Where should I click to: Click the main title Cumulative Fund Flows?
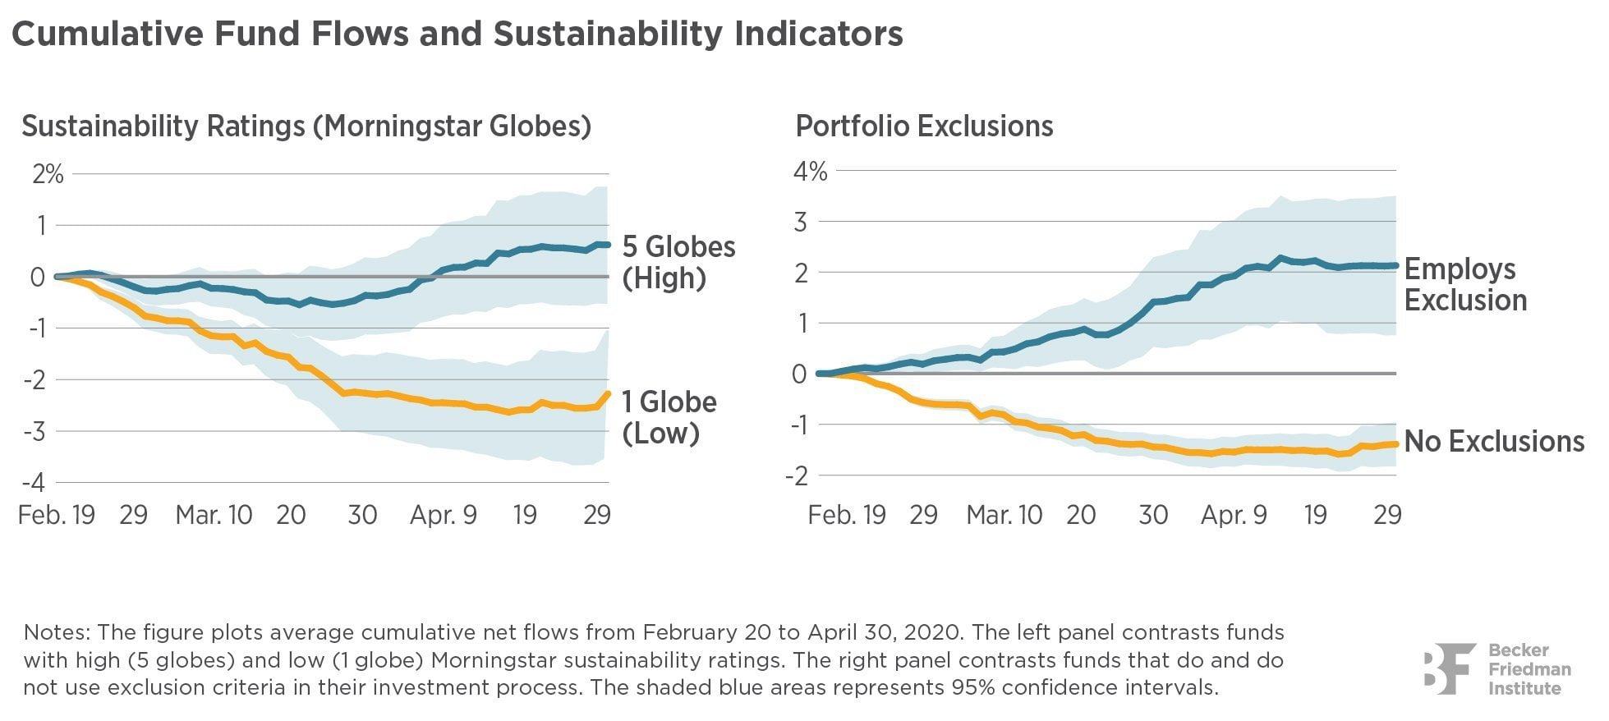pyautogui.click(x=457, y=34)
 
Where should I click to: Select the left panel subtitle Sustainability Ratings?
pyautogui.click(x=306, y=126)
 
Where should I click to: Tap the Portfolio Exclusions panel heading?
pyautogui.click(x=924, y=126)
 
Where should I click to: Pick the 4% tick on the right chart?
pyautogui.click(x=809, y=171)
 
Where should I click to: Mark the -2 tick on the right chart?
pyautogui.click(x=796, y=475)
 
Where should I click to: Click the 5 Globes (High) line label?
pyautogui.click(x=678, y=262)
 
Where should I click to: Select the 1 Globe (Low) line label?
pyautogui.click(x=669, y=417)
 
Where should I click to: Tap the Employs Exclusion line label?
pyautogui.click(x=1464, y=284)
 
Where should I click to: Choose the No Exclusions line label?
pyautogui.click(x=1493, y=442)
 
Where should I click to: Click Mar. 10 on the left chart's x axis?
pyautogui.click(x=214, y=515)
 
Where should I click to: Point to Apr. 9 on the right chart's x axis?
pyautogui.click(x=1234, y=515)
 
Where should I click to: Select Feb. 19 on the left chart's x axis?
pyautogui.click(x=56, y=515)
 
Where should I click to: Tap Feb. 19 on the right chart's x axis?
pyautogui.click(x=846, y=515)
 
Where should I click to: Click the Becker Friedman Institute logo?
pyautogui.click(x=1496, y=668)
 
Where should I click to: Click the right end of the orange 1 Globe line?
pyautogui.click(x=607, y=393)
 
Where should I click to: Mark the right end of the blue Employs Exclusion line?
pyautogui.click(x=1395, y=265)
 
